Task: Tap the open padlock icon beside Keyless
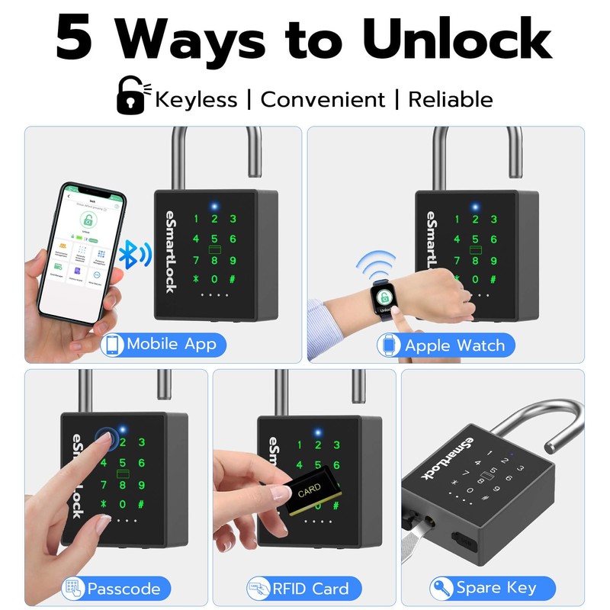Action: pyautogui.click(x=132, y=97)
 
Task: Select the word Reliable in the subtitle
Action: pyautogui.click(x=450, y=99)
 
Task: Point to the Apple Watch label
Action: pyautogui.click(x=454, y=345)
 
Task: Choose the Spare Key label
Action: pyautogui.click(x=496, y=588)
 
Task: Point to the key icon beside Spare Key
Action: pyautogui.click(x=440, y=588)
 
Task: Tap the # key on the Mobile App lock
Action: pyautogui.click(x=233, y=279)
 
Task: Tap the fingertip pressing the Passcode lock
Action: pyautogui.click(x=107, y=441)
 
